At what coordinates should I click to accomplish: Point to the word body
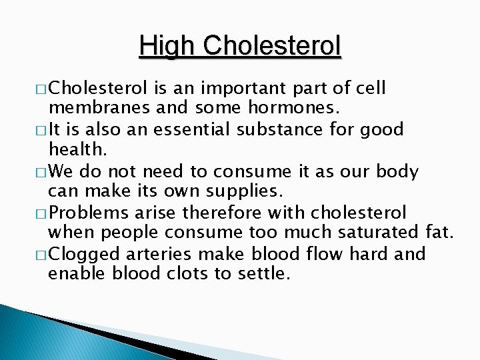point(397,171)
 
